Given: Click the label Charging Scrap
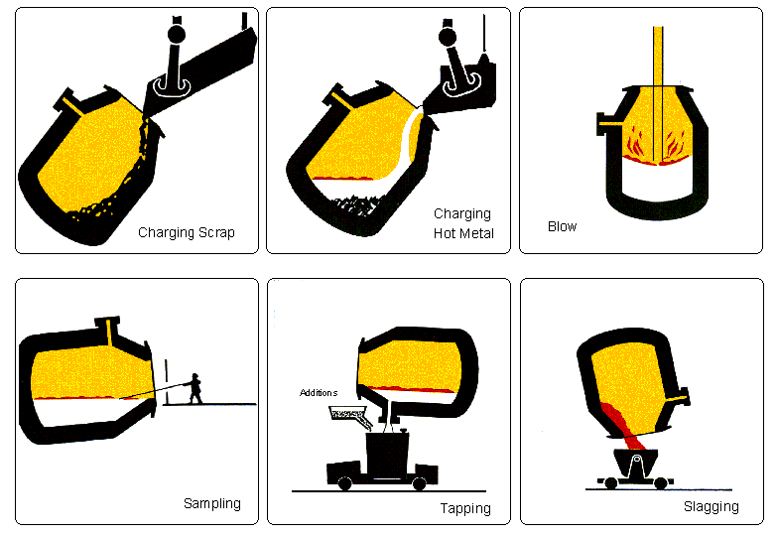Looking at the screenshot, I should pos(186,234).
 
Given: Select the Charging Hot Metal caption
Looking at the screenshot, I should pos(461,223).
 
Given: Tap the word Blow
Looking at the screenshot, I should pos(562,226).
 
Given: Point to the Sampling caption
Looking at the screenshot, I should pos(211,503).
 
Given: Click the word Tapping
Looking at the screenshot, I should pos(464,508).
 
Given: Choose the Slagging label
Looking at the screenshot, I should pos(711,506).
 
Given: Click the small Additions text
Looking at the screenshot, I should pos(319,393).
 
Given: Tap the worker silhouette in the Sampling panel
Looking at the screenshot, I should pos(195,388).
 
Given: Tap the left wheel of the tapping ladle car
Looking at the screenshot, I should pos(344,483).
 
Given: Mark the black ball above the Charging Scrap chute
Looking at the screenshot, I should pos(179,34).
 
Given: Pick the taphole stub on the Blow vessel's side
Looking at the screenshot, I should pos(601,123).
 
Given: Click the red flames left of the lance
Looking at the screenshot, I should pos(636,144).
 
